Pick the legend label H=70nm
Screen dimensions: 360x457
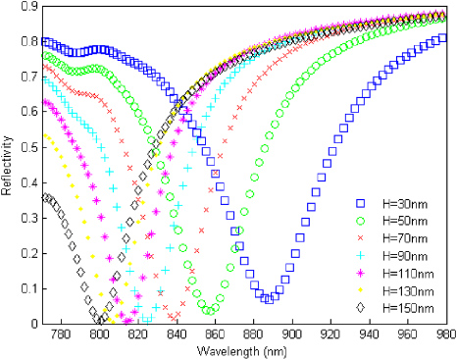(x=404, y=238)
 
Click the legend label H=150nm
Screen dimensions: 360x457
(x=407, y=308)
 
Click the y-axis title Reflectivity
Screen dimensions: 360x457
(x=8, y=163)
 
